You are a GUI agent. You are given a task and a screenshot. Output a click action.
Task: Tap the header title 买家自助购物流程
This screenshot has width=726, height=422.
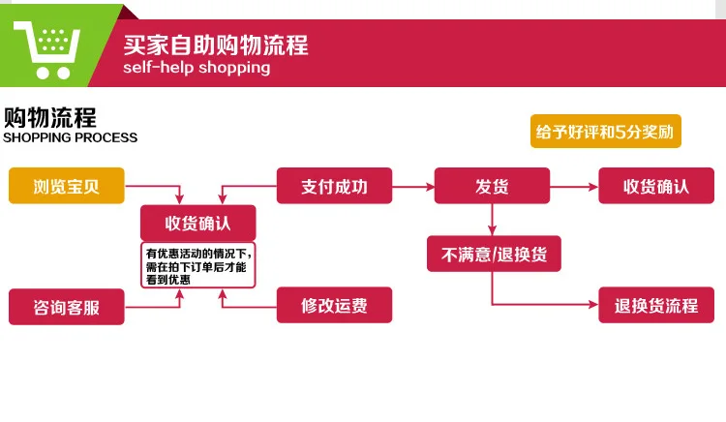(216, 45)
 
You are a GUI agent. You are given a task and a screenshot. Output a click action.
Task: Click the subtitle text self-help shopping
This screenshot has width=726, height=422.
(197, 68)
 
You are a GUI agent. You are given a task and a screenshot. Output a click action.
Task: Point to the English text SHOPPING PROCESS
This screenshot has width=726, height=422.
(70, 137)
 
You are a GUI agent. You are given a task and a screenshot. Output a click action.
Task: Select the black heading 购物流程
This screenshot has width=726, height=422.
(50, 117)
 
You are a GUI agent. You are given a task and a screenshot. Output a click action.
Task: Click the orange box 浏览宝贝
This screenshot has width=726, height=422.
(67, 186)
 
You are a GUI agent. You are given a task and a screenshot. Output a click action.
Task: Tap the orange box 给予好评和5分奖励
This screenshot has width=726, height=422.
(606, 132)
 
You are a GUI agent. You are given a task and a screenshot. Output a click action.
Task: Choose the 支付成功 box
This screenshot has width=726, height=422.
(334, 186)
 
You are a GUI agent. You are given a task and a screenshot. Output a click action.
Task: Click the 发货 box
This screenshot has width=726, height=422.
(492, 186)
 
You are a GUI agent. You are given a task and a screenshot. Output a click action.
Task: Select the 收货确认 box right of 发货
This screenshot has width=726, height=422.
(656, 186)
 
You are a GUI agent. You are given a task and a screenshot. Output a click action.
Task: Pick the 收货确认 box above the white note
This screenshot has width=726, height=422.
(198, 223)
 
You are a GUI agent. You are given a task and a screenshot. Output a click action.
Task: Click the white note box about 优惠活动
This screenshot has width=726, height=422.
(198, 265)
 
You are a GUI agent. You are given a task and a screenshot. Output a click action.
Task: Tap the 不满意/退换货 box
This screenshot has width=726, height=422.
(494, 254)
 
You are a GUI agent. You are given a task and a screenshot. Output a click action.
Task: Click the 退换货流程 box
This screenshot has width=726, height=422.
(656, 305)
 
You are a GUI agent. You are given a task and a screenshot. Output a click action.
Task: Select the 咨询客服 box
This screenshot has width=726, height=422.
(67, 307)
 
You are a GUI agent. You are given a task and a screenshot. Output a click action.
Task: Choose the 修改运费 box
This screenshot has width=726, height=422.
(334, 305)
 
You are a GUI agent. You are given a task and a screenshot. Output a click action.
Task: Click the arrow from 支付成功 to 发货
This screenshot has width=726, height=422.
(413, 187)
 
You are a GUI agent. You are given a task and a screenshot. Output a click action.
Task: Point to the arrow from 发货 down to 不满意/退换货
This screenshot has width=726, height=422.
(492, 220)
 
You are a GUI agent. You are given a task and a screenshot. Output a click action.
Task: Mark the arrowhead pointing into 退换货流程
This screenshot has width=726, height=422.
(593, 305)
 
